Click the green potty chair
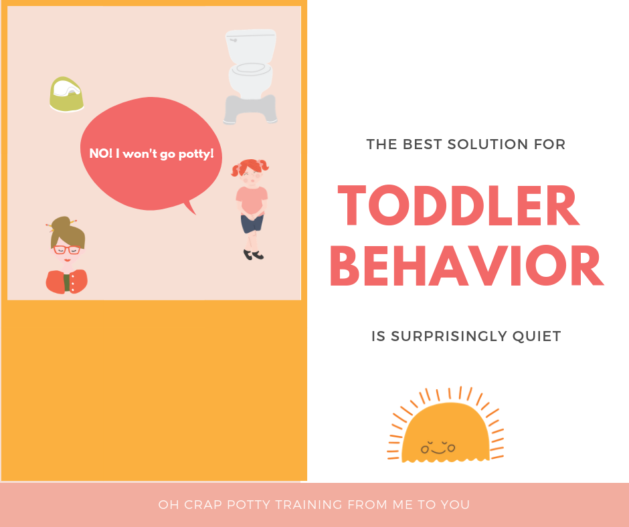(x=66, y=95)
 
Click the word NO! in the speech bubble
(x=101, y=153)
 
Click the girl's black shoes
(x=253, y=254)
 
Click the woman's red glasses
(x=66, y=250)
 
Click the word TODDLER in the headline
(x=458, y=207)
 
